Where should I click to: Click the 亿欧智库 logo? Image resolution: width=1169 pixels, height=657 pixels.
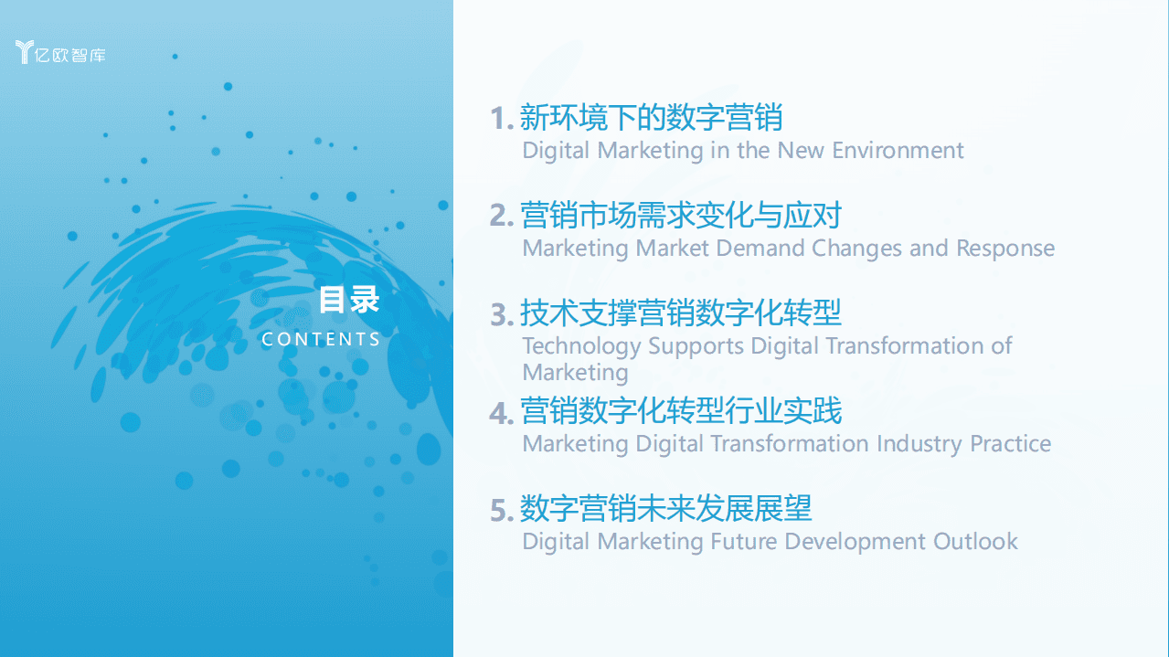pyautogui.click(x=61, y=53)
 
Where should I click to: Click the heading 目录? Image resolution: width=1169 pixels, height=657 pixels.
pyautogui.click(x=348, y=300)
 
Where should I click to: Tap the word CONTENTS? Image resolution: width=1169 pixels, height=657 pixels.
pyautogui.click(x=321, y=339)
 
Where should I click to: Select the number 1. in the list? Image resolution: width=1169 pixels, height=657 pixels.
pyautogui.click(x=502, y=119)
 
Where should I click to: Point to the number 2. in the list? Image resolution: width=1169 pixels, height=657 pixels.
pyautogui.click(x=502, y=217)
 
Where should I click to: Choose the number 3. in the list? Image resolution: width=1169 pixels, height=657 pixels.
pyautogui.click(x=502, y=314)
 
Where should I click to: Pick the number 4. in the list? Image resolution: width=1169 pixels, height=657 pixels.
pyautogui.click(x=502, y=412)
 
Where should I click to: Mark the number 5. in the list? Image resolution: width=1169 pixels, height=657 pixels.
pyautogui.click(x=502, y=510)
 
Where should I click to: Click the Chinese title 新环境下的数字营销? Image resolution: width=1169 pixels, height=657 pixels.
pyautogui.click(x=651, y=118)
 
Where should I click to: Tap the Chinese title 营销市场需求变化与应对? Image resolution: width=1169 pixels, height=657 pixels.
pyautogui.click(x=680, y=216)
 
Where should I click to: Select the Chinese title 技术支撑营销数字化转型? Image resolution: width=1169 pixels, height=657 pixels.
pyautogui.click(x=680, y=313)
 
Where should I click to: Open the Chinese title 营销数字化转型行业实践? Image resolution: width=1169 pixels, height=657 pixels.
pyautogui.click(x=680, y=411)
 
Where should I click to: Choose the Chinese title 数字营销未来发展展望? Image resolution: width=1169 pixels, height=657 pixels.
pyautogui.click(x=665, y=508)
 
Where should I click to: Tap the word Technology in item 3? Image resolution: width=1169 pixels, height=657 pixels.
pyautogui.click(x=581, y=346)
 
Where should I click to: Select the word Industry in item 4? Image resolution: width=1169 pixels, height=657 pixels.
pyautogui.click(x=919, y=443)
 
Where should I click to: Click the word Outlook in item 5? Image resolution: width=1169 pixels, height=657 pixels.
pyautogui.click(x=975, y=541)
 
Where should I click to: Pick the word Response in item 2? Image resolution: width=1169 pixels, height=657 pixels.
pyautogui.click(x=1004, y=249)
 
